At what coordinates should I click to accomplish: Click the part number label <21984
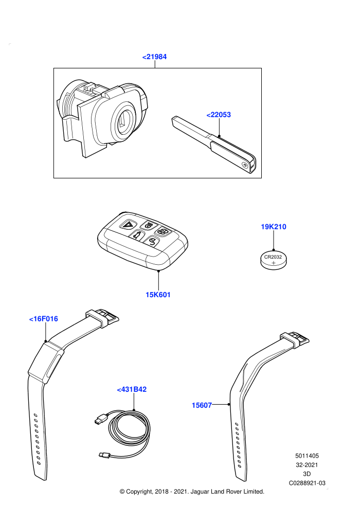point(154,57)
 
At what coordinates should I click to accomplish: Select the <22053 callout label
point(219,115)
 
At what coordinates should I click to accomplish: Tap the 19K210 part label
point(274,227)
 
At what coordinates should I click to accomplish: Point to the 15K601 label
point(158,295)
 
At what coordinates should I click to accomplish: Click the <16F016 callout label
point(44,319)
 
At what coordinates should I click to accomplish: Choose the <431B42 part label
point(132,389)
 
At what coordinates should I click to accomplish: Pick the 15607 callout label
point(202,405)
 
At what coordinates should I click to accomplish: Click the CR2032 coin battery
point(274,260)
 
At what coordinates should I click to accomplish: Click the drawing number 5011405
point(307,456)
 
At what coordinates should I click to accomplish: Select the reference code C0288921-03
point(307,483)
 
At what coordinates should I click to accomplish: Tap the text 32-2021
point(307,465)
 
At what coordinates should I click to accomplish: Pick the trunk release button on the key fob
point(137,235)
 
